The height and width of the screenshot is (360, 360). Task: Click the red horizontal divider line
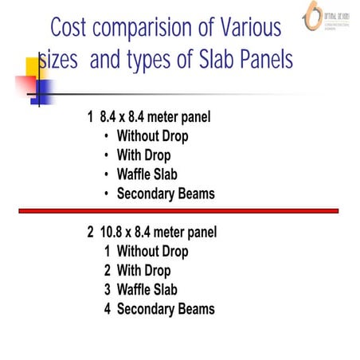[x=179, y=210]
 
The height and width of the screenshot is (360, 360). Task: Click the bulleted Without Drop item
[x=152, y=136]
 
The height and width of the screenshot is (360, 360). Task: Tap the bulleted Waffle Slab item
[x=147, y=174]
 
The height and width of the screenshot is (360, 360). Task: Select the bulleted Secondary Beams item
[x=166, y=194]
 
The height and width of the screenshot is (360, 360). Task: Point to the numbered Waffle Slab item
[x=147, y=290]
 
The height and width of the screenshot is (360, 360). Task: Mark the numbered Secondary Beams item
[x=166, y=309]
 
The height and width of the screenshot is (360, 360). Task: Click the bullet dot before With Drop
[x=107, y=156]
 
